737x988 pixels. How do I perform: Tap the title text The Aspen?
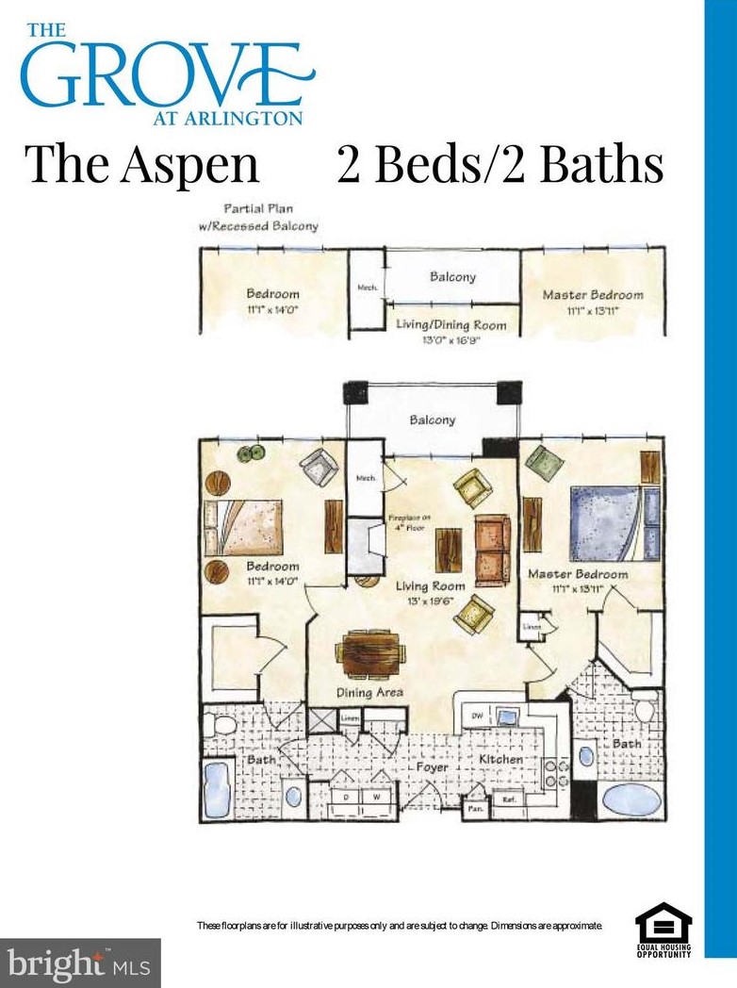pos(142,163)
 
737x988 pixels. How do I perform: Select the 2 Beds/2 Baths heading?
pos(500,163)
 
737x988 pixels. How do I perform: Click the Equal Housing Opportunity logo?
pos(663,930)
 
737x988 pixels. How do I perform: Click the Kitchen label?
pos(500,758)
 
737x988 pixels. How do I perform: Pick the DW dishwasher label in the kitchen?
pos(477,716)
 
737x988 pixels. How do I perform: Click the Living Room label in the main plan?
pos(430,585)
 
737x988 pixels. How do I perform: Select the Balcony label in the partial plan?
pos(452,277)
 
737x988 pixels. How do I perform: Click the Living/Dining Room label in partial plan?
pos(450,326)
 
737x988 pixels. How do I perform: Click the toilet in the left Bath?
pos(222,727)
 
